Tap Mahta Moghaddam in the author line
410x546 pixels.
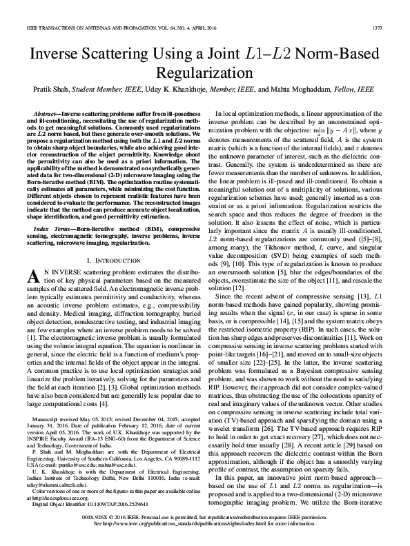pyautogui.click(x=300, y=90)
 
